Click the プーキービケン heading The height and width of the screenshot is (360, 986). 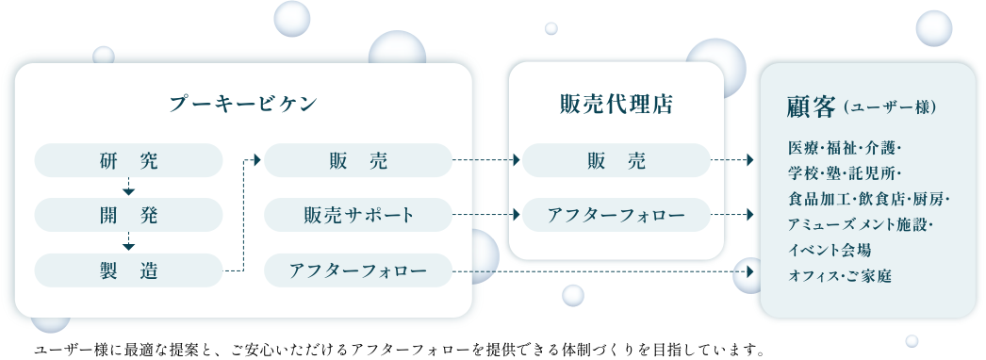click(243, 103)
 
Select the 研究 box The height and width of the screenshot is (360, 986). click(128, 161)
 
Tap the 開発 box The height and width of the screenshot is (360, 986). click(128, 216)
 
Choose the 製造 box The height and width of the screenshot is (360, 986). click(128, 271)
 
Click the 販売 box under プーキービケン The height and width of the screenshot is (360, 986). click(359, 161)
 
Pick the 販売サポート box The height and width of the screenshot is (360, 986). click(359, 216)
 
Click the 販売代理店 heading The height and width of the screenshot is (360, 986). click(616, 103)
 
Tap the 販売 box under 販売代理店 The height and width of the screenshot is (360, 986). click(616, 161)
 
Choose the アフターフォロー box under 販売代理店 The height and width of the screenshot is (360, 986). click(616, 216)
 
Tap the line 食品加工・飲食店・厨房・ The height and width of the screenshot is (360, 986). click(868, 200)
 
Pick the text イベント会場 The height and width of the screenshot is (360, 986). click(829, 251)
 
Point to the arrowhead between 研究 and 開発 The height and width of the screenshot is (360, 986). click(128, 187)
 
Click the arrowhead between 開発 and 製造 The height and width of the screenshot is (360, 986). click(128, 242)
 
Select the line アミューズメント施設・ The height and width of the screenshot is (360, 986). click(861, 225)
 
